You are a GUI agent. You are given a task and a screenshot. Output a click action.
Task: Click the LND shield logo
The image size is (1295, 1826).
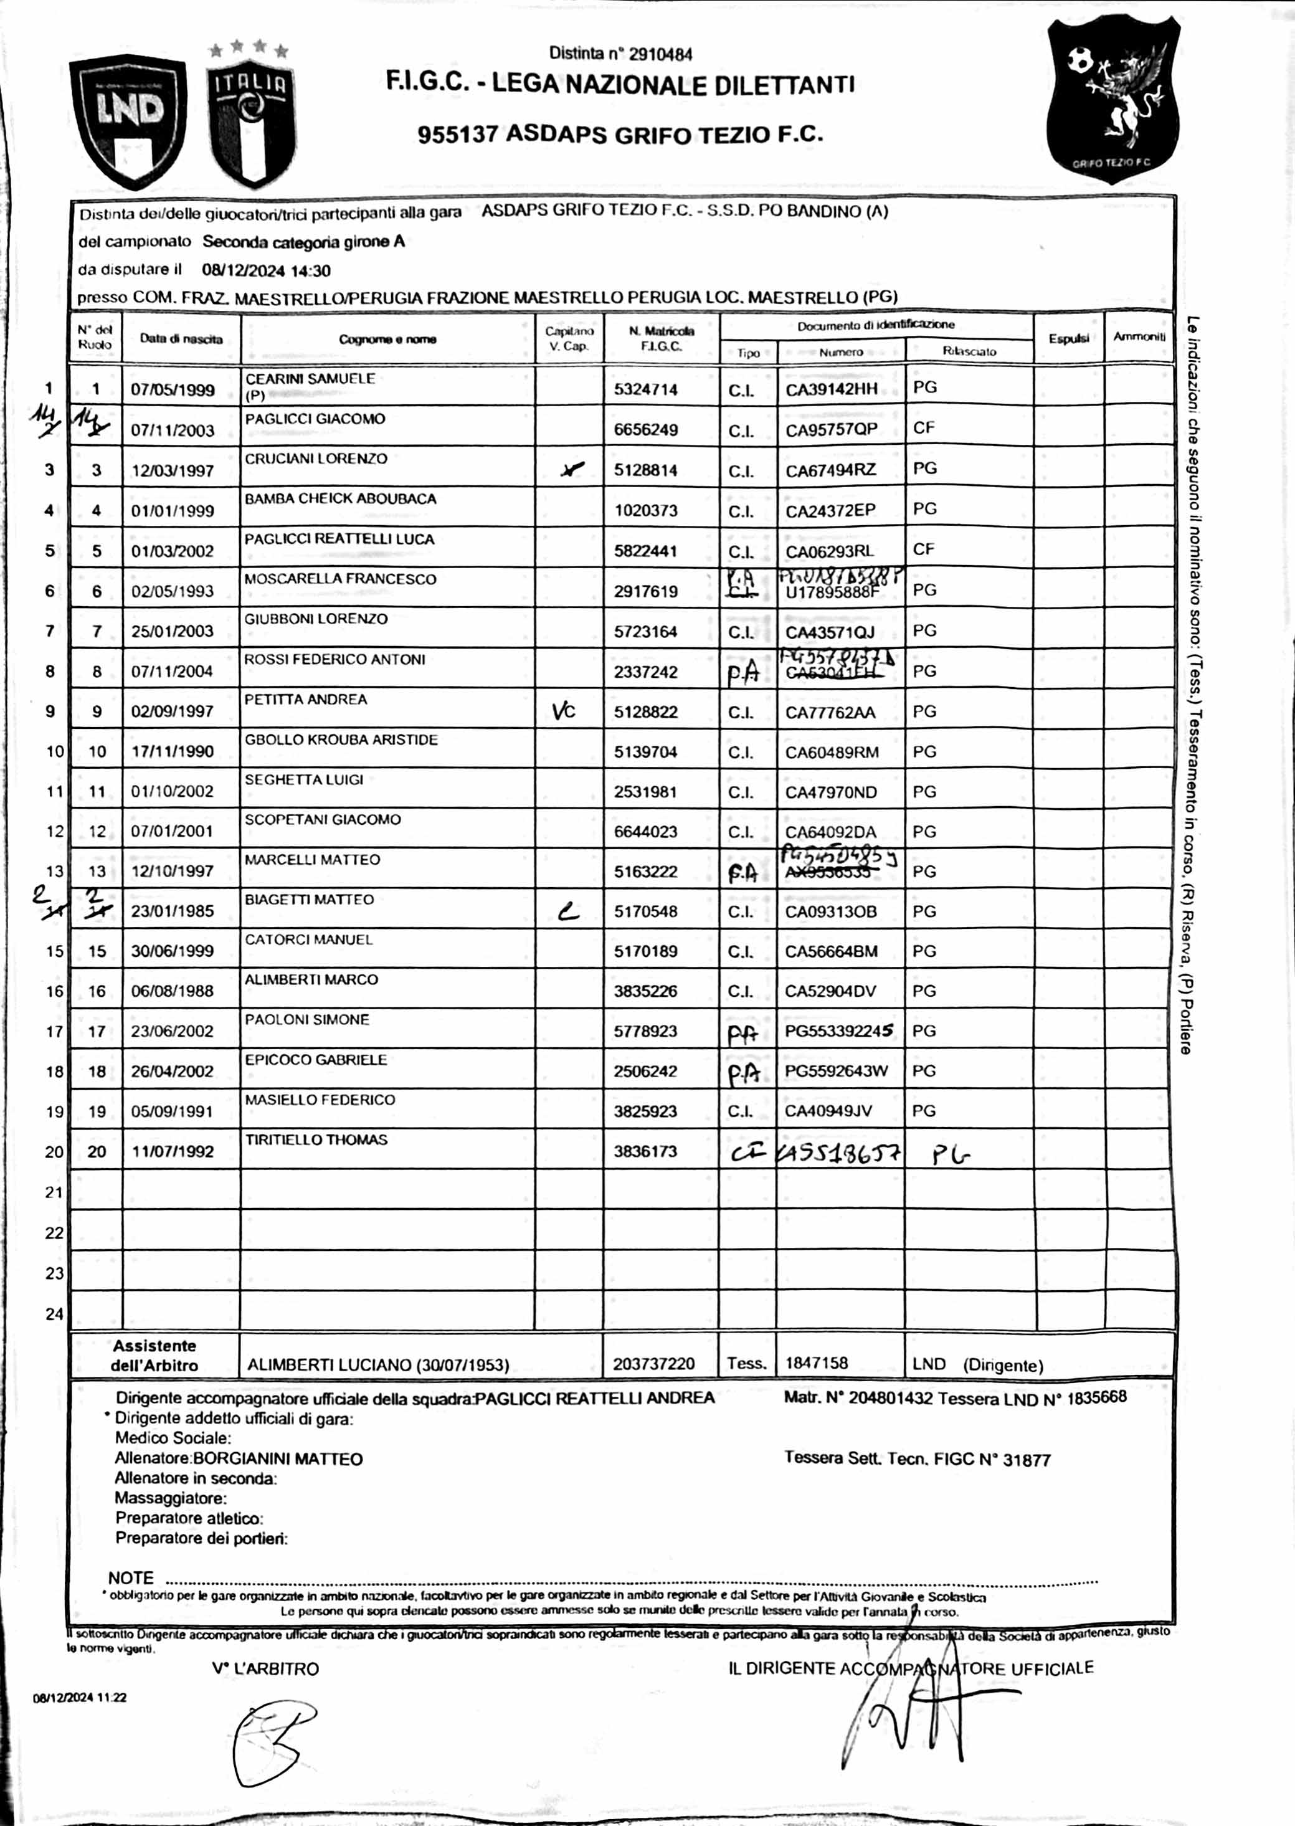[x=128, y=120]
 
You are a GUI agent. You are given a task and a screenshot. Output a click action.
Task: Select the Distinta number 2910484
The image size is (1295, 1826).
[x=620, y=54]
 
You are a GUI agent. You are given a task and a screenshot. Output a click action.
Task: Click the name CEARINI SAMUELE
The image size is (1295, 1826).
[x=310, y=379]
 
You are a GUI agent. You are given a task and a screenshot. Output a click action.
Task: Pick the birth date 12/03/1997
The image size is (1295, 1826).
[x=173, y=470]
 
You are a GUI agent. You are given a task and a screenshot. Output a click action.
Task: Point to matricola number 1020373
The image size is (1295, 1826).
[x=645, y=510]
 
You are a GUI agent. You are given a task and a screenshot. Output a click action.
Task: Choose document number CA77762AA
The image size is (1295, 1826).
[x=830, y=712]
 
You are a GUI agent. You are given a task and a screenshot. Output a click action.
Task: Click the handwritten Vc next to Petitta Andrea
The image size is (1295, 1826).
[x=563, y=710]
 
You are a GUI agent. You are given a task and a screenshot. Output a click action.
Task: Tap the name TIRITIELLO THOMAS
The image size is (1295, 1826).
[x=316, y=1139]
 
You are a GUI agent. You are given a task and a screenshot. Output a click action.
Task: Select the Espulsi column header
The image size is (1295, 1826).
[x=1068, y=339]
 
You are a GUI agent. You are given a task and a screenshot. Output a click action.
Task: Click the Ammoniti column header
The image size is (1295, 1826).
[x=1139, y=337]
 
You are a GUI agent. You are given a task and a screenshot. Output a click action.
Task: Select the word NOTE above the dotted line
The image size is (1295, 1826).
[x=131, y=1578]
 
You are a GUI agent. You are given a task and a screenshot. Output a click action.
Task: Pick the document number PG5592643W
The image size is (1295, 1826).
[x=836, y=1071]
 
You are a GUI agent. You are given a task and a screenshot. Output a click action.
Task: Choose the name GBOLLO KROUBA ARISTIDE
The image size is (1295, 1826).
[x=341, y=740]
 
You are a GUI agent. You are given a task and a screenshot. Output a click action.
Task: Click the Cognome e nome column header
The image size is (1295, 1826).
[x=387, y=340]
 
